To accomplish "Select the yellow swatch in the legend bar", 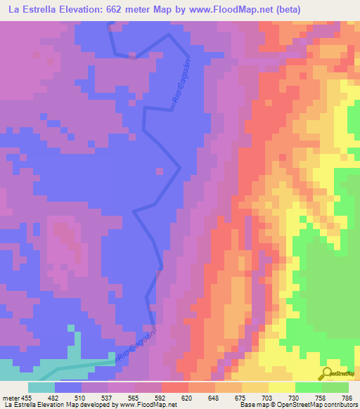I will [x=281, y=387].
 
